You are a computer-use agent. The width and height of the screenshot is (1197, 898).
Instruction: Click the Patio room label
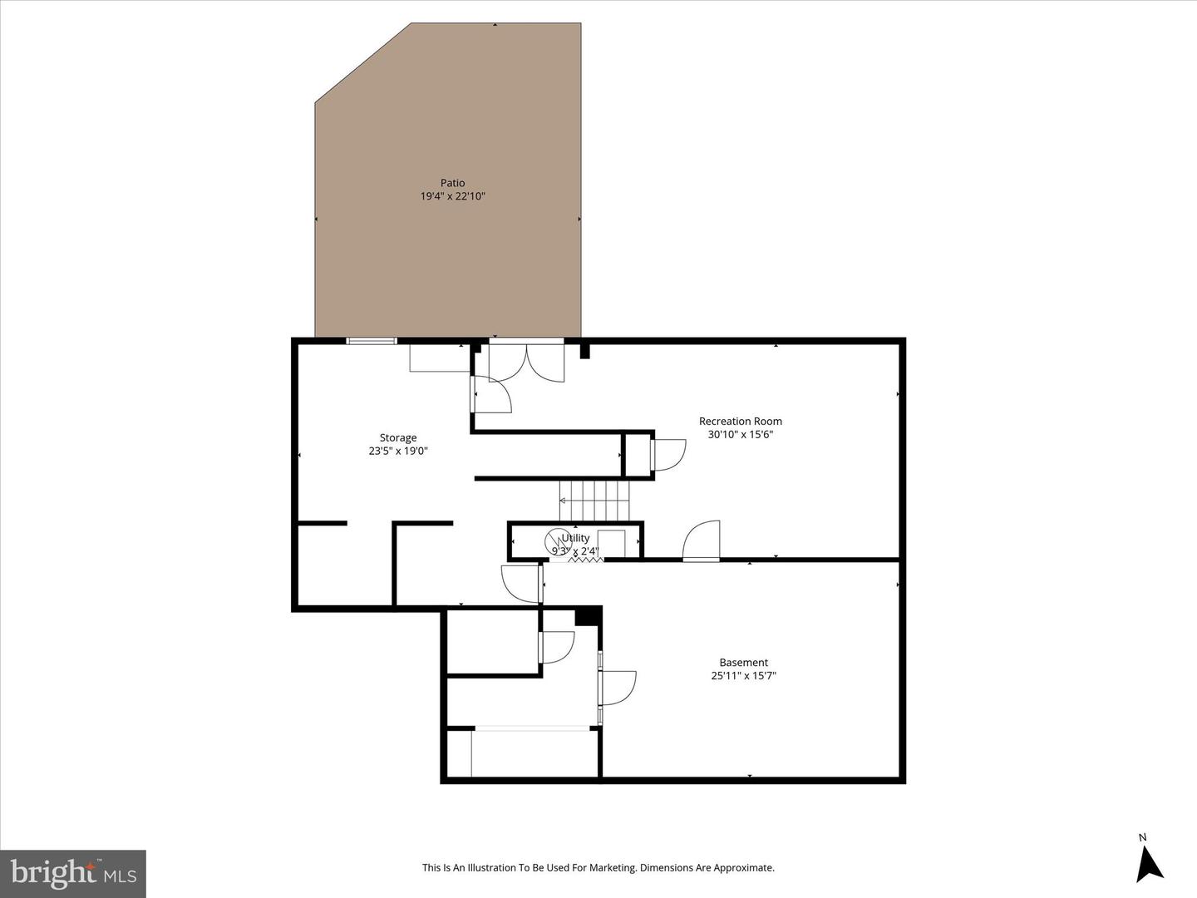[x=452, y=183]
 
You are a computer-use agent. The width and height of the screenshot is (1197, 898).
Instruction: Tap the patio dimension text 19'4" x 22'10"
[x=452, y=196]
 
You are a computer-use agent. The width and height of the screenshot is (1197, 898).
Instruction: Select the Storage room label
[x=398, y=437]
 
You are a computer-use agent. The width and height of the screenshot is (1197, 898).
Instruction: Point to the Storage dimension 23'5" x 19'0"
[x=398, y=451]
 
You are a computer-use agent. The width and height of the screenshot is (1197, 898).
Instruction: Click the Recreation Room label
[x=740, y=421]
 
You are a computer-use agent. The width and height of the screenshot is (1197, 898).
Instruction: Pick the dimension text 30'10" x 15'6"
[x=740, y=434]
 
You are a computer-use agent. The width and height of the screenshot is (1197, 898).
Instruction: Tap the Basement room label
[x=743, y=663]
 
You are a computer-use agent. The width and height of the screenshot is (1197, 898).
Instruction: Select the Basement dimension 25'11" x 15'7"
[x=743, y=676]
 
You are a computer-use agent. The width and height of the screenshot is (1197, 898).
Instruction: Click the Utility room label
[x=575, y=538]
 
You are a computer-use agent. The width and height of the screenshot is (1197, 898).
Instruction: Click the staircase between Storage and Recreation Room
[x=595, y=501]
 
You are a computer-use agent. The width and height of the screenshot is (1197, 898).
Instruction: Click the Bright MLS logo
[x=73, y=873]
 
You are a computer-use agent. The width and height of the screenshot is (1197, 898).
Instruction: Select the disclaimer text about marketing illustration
[x=598, y=867]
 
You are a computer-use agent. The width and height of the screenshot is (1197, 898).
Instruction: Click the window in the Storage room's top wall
[x=372, y=340]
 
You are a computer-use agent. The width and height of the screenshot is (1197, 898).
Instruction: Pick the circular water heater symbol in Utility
[x=558, y=539]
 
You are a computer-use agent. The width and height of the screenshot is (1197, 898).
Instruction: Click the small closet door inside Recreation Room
[x=667, y=455]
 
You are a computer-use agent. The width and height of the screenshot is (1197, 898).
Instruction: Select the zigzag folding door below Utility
[x=585, y=560]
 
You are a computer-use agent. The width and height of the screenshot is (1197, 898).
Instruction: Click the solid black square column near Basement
[x=588, y=615]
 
